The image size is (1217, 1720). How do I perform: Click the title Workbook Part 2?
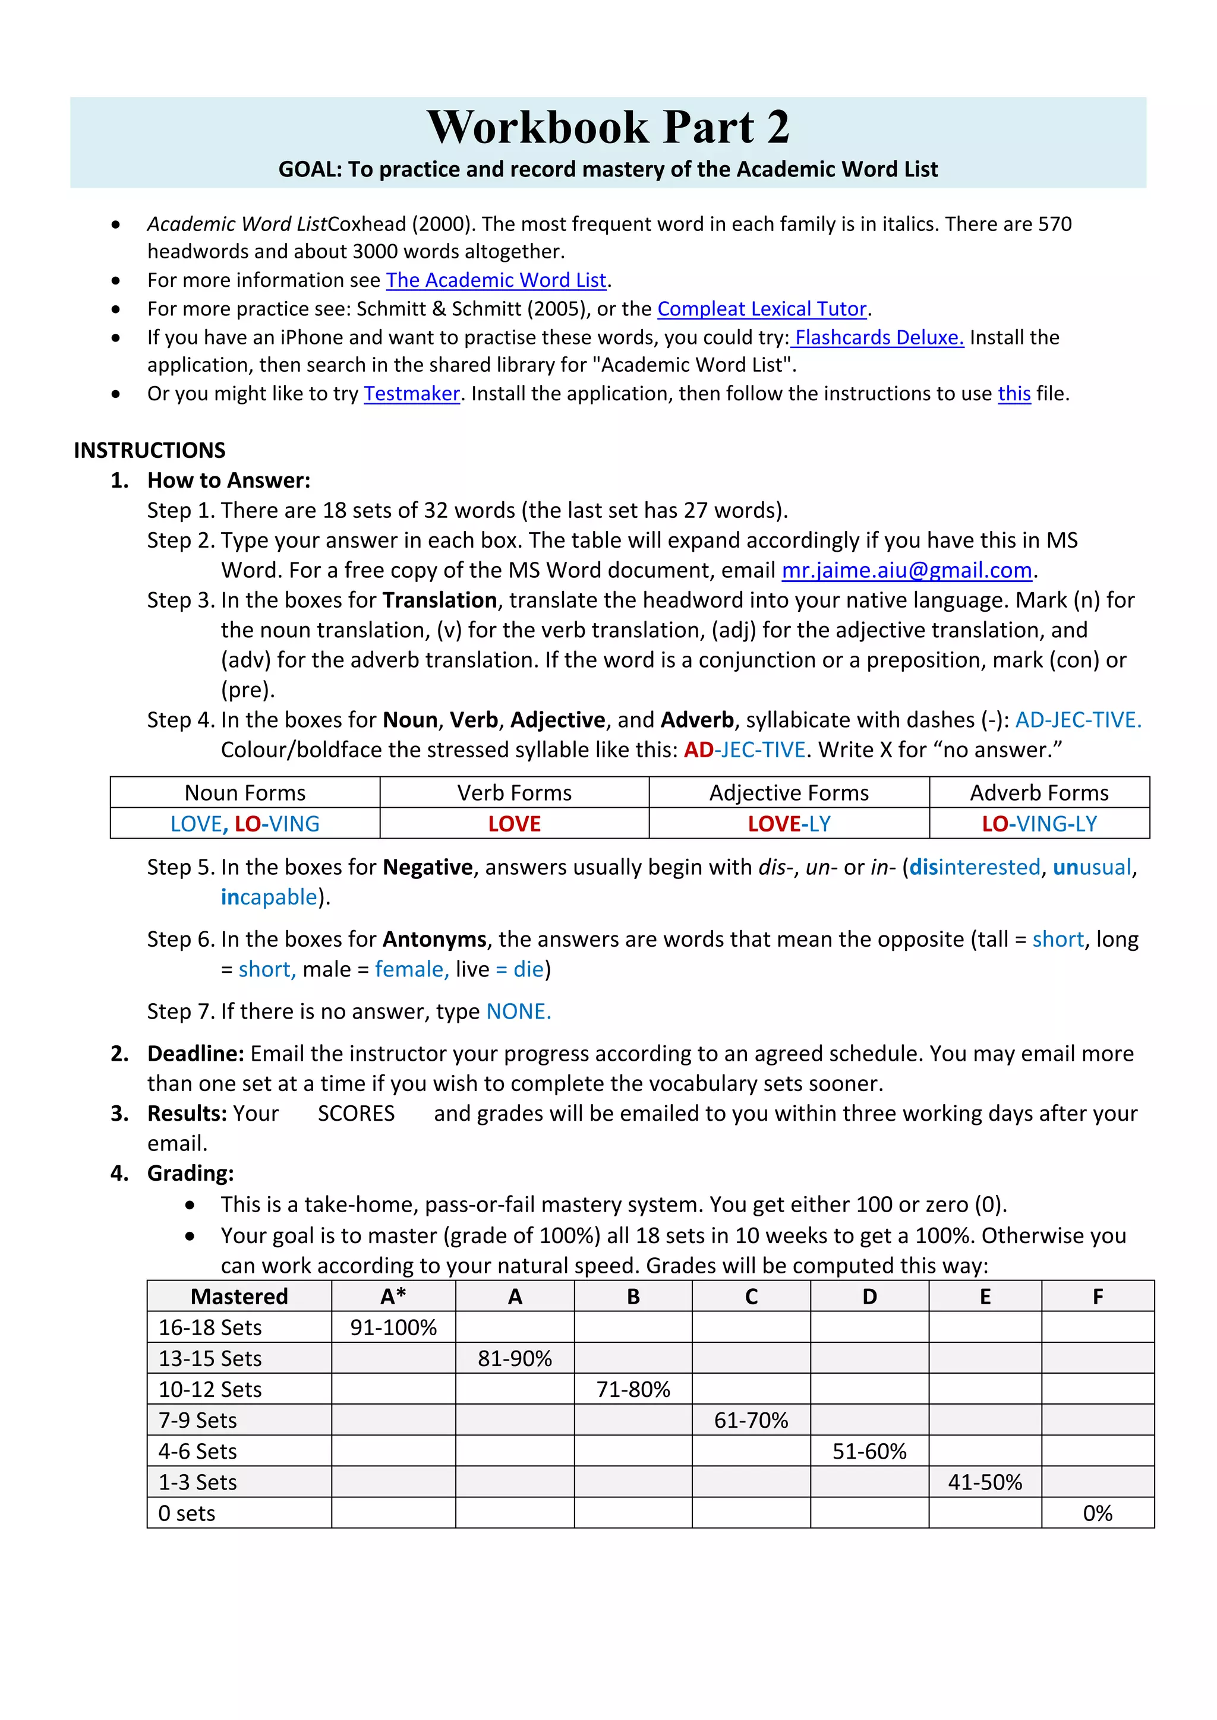pos(608,127)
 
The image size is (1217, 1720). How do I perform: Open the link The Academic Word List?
pos(496,280)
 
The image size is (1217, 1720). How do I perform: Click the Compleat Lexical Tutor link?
pos(761,309)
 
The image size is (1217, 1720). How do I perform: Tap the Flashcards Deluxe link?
pos(878,338)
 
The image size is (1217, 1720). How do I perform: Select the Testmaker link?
pos(411,394)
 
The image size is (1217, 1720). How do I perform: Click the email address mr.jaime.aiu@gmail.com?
pos(907,571)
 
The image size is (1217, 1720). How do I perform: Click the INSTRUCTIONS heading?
pos(149,450)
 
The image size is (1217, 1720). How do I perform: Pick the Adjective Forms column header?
pos(789,792)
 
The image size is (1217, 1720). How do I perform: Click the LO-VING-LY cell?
pos(1039,824)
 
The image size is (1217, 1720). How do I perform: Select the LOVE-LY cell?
pos(789,824)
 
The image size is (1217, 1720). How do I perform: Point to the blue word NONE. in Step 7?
pos(519,1012)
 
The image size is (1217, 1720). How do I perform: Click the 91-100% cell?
pos(393,1327)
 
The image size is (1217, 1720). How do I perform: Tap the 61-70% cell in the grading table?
pos(751,1420)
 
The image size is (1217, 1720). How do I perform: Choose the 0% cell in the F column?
pos(1097,1513)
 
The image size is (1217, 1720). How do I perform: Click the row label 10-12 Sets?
pos(210,1390)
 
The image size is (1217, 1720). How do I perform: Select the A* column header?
pos(393,1297)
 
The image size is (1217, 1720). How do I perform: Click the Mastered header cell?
pos(239,1297)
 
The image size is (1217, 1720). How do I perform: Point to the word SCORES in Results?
pos(356,1114)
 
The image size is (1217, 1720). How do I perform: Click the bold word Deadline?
pos(196,1054)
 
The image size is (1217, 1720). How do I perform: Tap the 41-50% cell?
pos(985,1482)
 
